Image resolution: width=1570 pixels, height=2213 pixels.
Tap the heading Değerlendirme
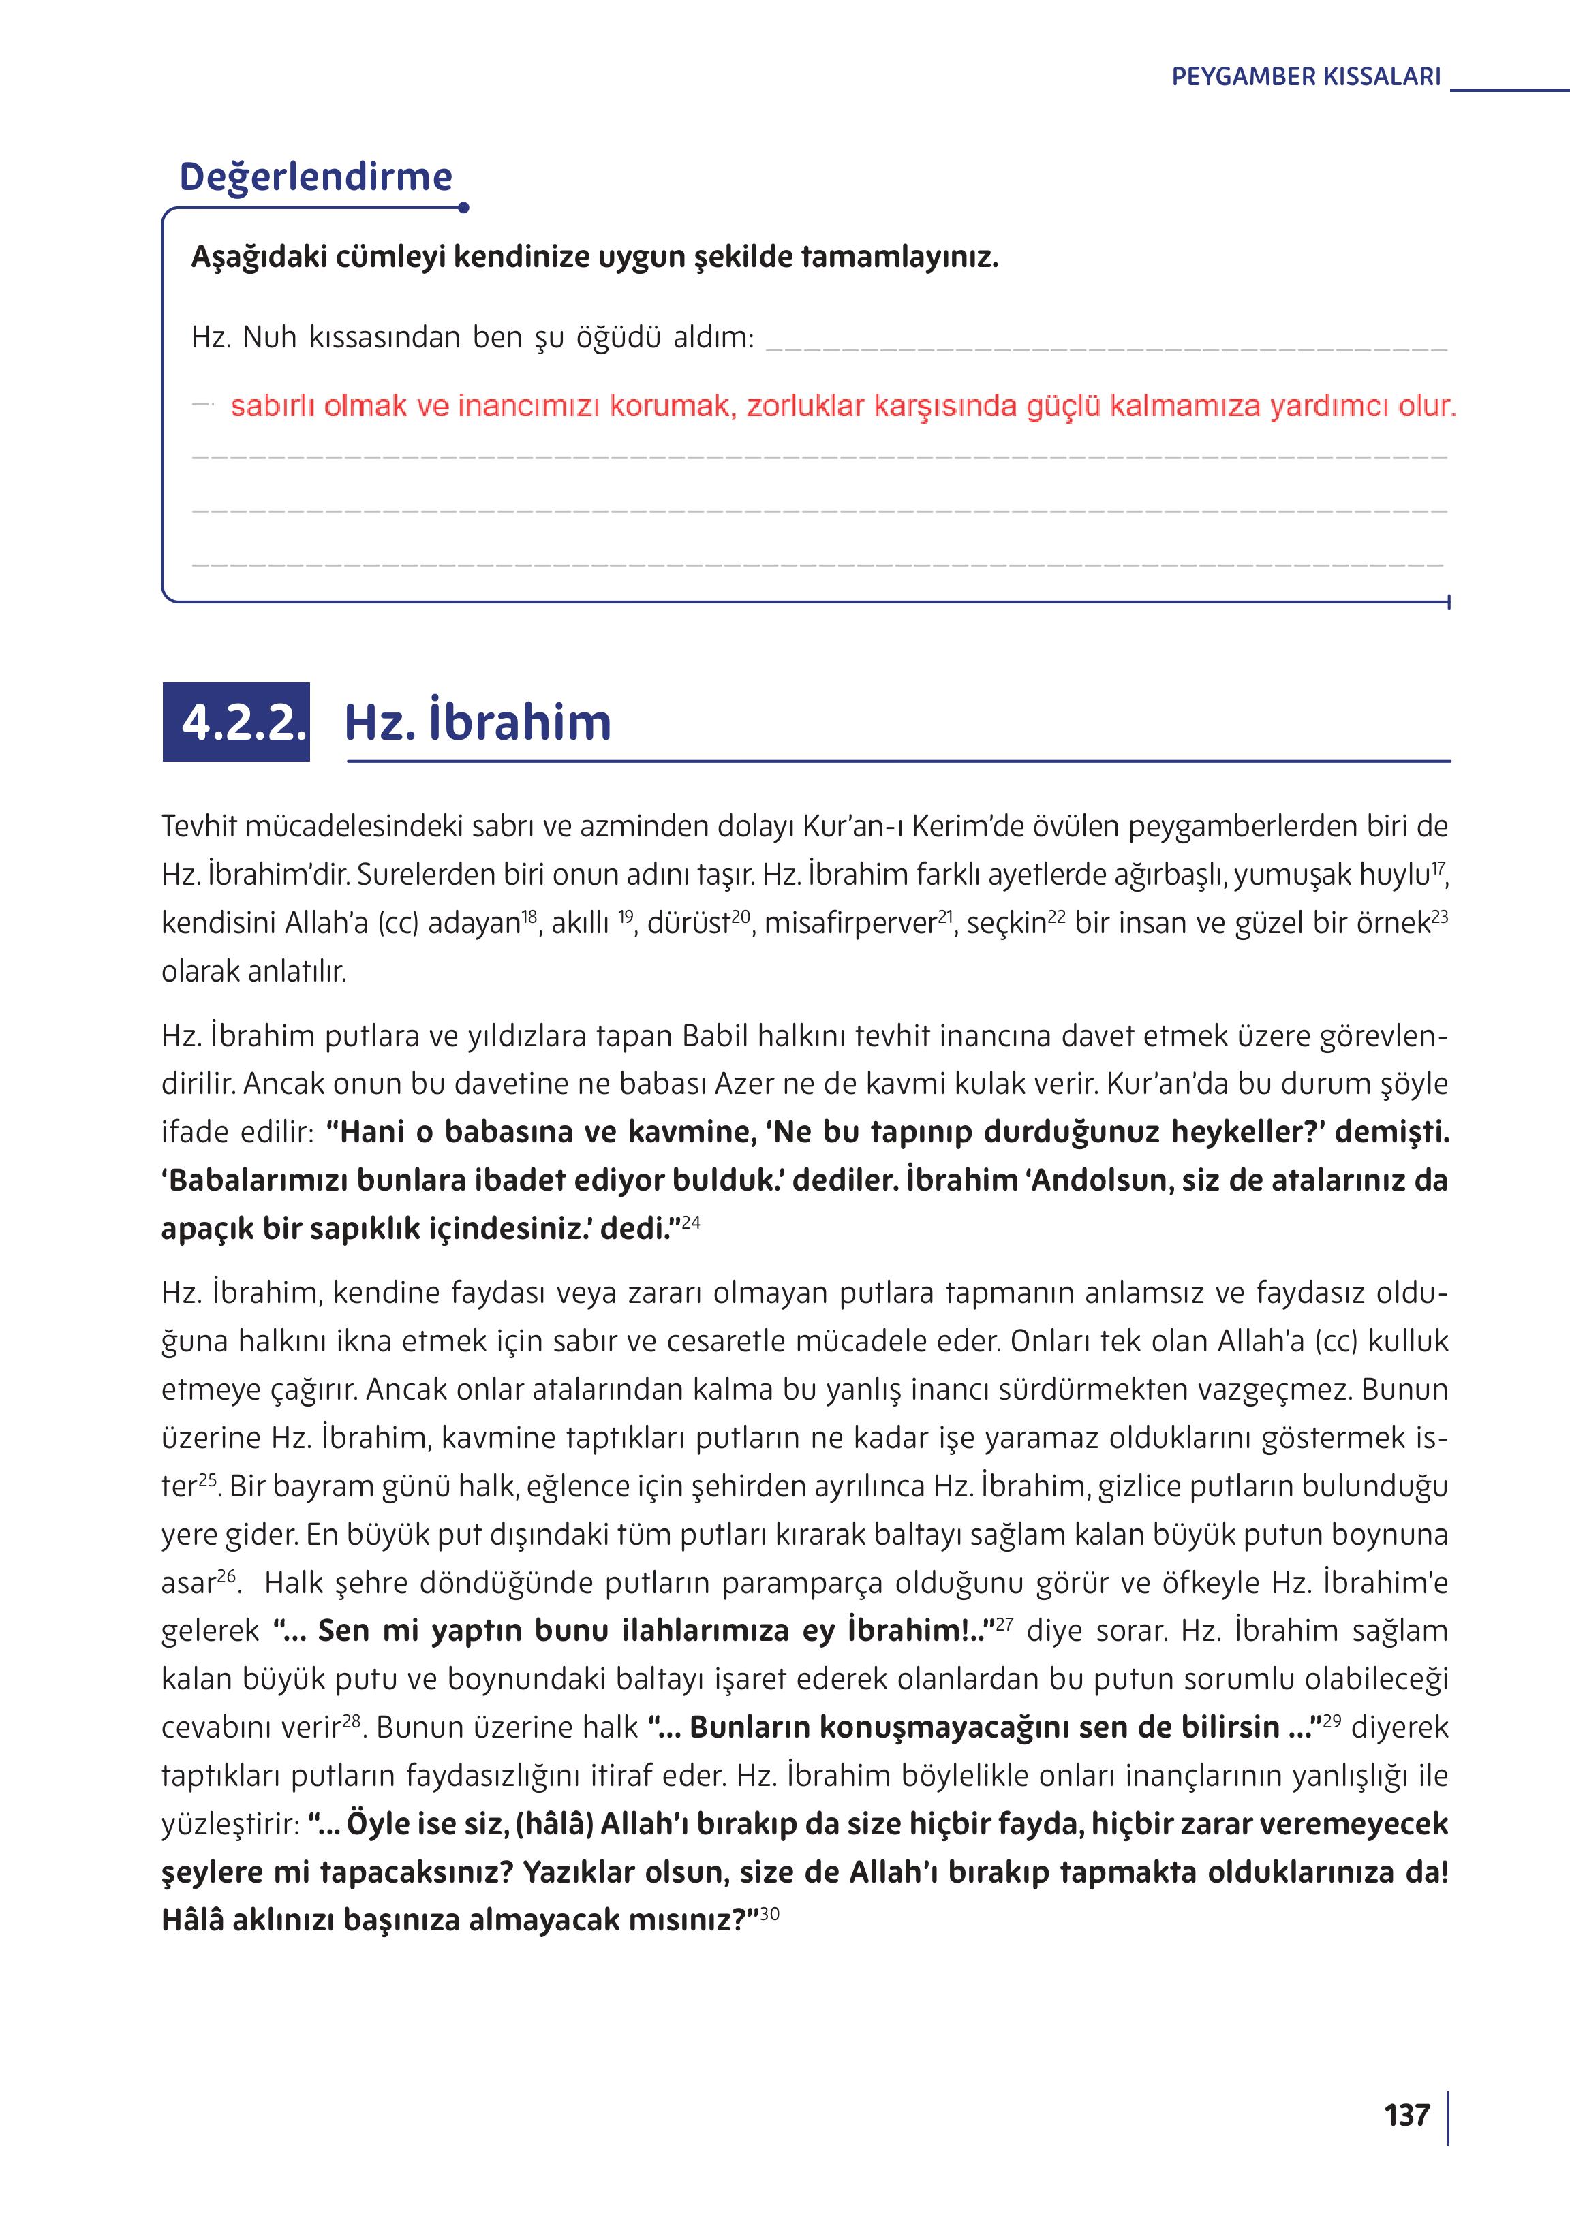click(316, 177)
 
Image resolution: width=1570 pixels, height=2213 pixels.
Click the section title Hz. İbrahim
click(478, 722)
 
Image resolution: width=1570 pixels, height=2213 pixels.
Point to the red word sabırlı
click(273, 406)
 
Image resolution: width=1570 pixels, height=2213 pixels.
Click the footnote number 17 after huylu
click(1438, 867)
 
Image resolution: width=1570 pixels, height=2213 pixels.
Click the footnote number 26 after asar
click(226, 1575)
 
